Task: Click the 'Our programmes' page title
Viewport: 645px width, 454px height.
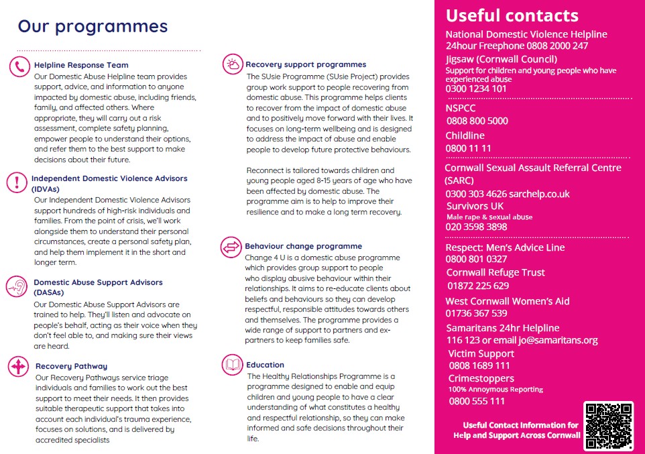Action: click(93, 26)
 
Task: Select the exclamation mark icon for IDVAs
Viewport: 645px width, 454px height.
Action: click(15, 182)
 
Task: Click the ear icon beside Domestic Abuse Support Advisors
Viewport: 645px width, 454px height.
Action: click(16, 286)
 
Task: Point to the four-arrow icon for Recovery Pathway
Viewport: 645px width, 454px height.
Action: click(17, 367)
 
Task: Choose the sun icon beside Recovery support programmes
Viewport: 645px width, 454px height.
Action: click(232, 64)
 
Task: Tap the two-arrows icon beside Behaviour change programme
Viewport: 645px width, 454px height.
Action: click(231, 247)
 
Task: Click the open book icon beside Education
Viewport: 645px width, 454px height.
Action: click(233, 365)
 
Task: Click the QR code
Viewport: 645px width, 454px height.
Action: click(607, 424)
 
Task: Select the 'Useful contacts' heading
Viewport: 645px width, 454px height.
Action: click(512, 15)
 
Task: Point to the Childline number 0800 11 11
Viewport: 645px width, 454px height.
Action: click(469, 148)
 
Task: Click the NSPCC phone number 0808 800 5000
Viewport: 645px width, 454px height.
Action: click(477, 121)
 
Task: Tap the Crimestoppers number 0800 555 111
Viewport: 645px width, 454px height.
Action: click(477, 401)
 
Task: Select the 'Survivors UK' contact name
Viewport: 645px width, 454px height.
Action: click(475, 206)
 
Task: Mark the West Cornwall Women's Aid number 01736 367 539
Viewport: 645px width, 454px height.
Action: click(476, 313)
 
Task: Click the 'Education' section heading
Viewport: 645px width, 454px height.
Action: click(265, 365)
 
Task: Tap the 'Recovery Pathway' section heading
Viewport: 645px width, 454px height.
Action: click(71, 367)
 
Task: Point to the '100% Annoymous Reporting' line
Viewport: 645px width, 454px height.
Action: click(495, 390)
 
